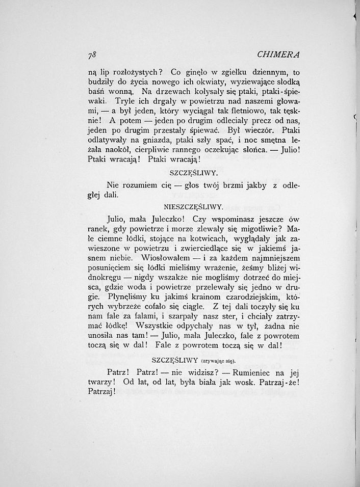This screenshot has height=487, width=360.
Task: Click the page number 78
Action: coord(92,55)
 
